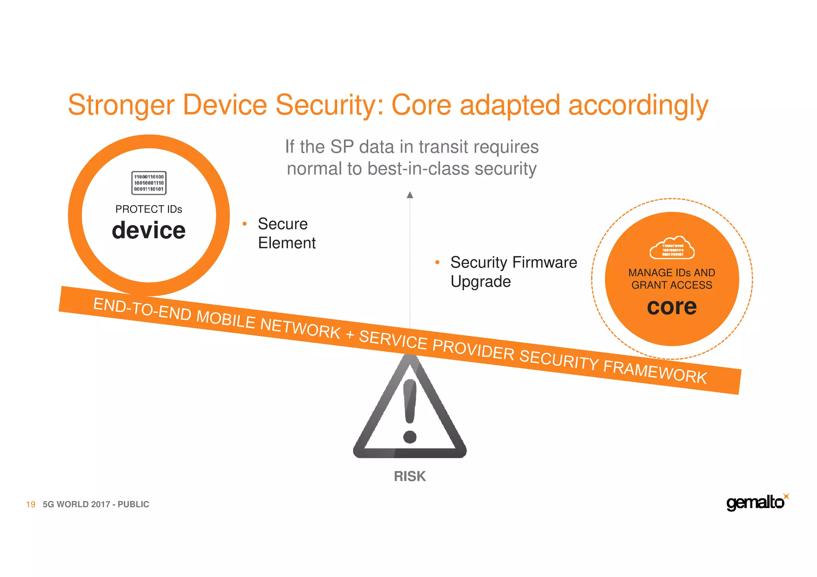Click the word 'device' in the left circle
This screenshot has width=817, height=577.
coord(148,230)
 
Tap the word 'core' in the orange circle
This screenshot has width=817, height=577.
coord(672,307)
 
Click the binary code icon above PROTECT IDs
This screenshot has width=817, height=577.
coord(149,183)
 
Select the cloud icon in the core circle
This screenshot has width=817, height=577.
coord(672,248)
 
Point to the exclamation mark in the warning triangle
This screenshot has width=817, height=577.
coord(410,411)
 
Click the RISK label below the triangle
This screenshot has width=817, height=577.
coord(410,476)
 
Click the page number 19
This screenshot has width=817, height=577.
coord(31,504)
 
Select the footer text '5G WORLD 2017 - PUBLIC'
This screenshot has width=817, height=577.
coord(96,504)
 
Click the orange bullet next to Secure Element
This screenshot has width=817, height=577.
coord(245,224)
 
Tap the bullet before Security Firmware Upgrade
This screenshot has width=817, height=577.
coord(437,262)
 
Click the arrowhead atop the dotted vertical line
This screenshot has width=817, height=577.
coord(410,195)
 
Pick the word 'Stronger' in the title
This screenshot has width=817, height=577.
coord(121,105)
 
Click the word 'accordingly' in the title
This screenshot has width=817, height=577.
coord(638,105)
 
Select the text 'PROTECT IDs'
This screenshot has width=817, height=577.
coord(148,209)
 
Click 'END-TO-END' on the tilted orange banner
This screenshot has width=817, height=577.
coord(142,309)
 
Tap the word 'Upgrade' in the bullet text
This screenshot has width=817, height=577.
coord(481,282)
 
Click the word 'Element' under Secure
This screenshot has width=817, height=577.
coord(287,243)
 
